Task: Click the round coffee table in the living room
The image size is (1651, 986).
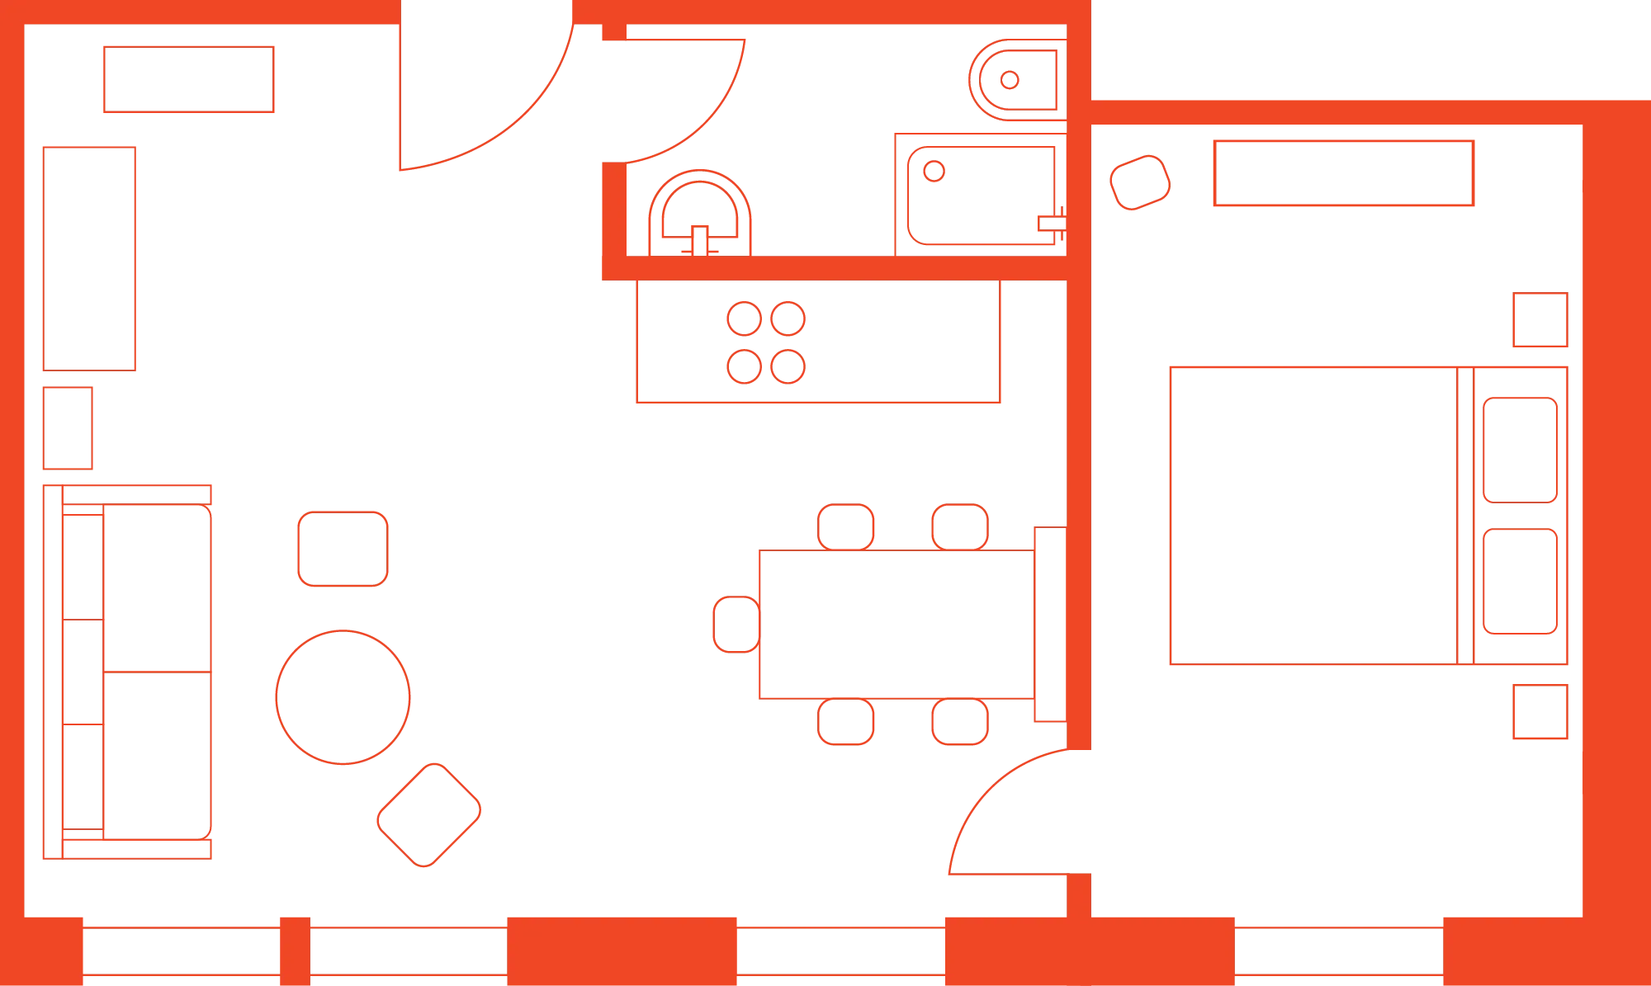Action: [343, 696]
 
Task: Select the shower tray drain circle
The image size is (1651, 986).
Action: [934, 172]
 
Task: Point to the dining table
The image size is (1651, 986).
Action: [897, 624]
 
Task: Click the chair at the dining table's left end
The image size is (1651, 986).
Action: [734, 624]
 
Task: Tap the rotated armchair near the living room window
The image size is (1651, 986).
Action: [429, 814]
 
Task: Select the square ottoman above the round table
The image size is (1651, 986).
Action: [343, 548]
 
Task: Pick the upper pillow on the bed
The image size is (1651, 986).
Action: [1520, 451]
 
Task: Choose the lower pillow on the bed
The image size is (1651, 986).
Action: [1520, 582]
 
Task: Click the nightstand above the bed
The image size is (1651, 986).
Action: [1541, 320]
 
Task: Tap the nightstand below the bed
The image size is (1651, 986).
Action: [1541, 710]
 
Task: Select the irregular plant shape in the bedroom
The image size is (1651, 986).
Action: [1141, 182]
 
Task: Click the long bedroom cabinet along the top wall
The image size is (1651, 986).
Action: [1343, 173]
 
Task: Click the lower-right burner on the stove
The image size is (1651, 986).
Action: [788, 366]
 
